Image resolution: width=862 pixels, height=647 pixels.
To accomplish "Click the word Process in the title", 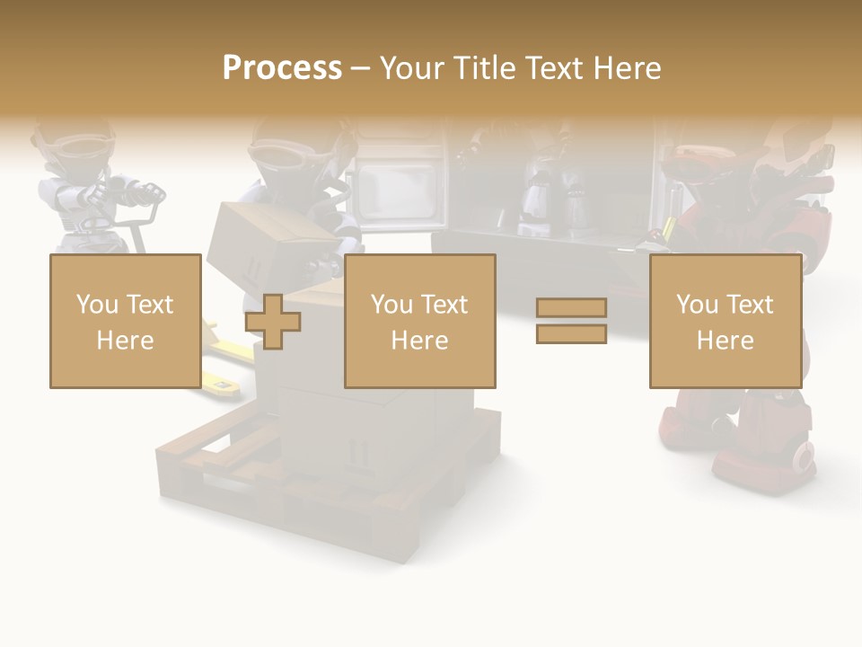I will click(x=282, y=67).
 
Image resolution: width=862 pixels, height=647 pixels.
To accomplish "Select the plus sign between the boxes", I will click(x=273, y=322).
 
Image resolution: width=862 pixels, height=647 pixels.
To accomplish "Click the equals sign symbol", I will click(x=571, y=321).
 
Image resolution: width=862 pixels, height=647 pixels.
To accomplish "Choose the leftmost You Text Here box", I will click(x=125, y=321).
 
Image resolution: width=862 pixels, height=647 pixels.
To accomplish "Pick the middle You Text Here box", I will click(x=419, y=321).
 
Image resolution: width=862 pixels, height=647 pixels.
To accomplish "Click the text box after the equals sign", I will click(x=725, y=321).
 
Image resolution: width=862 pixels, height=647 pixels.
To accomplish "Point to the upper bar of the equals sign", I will click(x=571, y=308).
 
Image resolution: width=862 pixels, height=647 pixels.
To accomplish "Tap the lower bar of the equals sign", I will click(x=571, y=333).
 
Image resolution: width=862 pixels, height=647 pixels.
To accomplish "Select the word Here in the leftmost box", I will click(x=125, y=340).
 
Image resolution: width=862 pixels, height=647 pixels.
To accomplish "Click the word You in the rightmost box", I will click(x=696, y=305).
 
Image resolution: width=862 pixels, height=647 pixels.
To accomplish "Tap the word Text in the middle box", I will click(x=444, y=305).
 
